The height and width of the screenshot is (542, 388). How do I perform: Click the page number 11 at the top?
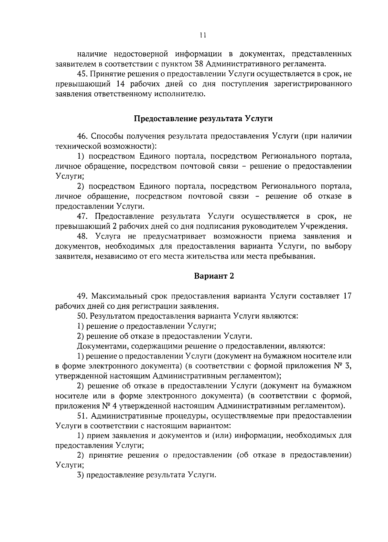point(203,35)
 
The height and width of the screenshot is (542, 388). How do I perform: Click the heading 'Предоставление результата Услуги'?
point(203,119)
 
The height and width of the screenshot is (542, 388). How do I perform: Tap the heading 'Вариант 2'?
point(214,276)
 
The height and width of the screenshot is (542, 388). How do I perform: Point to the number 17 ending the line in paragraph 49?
point(346,296)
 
